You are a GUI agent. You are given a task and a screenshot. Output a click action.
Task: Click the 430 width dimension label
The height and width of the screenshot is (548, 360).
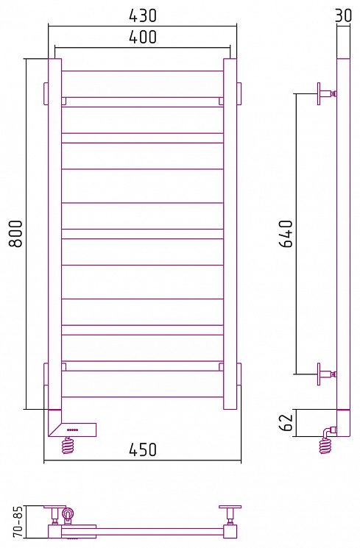pos(143,15)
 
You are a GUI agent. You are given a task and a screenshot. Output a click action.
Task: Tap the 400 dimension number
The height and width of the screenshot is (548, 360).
pos(143,37)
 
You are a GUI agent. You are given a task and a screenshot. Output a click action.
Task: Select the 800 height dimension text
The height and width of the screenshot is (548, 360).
pos(15,233)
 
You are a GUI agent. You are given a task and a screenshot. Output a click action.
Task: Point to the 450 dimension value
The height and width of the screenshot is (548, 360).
pos(143,449)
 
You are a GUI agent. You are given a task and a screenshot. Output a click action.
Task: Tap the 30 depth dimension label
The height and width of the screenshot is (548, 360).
pos(343,15)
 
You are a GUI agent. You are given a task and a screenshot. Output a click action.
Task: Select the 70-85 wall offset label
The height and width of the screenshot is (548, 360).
pos(18,522)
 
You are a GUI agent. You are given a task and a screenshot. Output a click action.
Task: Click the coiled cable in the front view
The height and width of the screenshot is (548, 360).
pos(68,446)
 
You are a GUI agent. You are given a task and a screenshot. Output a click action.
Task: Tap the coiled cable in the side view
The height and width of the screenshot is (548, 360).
pos(325,446)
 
